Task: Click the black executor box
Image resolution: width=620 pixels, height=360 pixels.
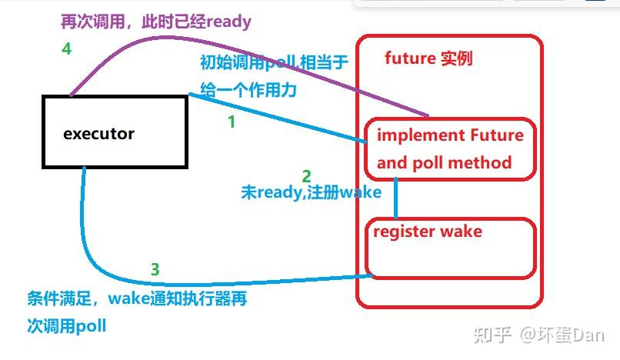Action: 115,155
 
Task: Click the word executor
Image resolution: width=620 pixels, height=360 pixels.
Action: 98,134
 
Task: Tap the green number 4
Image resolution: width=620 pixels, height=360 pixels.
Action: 67,49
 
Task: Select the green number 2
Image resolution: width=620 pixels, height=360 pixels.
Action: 306,176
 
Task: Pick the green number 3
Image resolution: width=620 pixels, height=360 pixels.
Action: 155,269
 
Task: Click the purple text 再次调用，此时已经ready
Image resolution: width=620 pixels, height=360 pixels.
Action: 156,22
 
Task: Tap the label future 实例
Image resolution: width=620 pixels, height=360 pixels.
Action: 428,58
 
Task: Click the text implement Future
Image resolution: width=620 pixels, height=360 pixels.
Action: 450,135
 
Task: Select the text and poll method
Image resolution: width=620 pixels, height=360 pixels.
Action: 444,162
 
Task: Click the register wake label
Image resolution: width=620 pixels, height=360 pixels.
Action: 428,231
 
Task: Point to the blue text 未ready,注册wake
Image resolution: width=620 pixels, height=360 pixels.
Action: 311,192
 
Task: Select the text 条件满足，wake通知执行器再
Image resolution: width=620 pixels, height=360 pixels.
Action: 137,298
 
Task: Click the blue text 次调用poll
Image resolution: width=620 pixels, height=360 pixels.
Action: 66,326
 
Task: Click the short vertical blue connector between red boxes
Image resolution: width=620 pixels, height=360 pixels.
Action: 396,198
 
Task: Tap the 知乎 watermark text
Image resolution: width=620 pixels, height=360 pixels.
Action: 493,335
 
